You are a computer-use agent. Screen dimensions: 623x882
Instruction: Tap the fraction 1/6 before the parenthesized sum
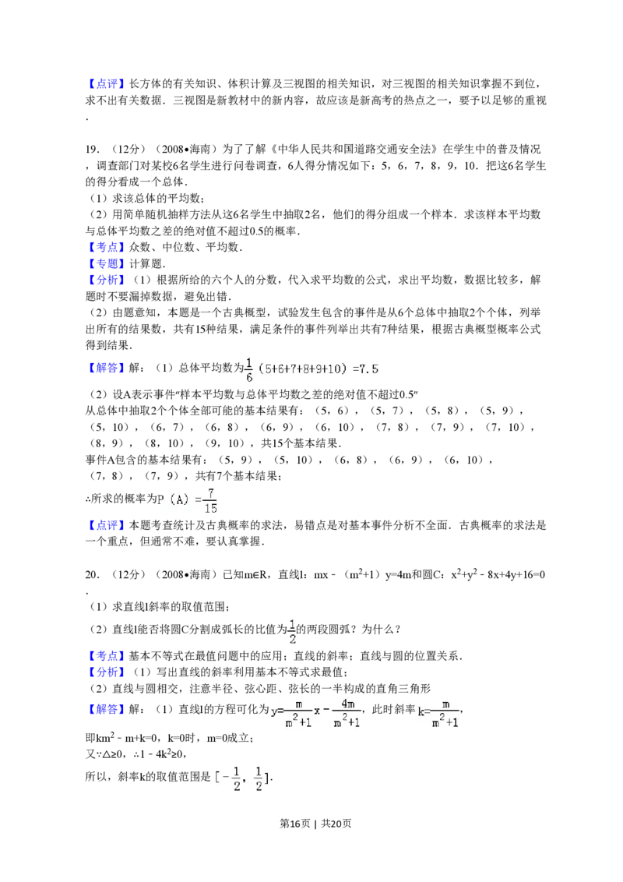coord(249,370)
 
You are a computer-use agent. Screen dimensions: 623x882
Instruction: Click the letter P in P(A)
coord(160,500)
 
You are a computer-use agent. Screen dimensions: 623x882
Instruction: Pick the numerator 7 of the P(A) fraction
coord(211,492)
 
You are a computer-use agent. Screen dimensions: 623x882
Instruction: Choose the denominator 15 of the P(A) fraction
coord(210,509)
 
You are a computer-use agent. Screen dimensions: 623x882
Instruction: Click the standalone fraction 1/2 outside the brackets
coord(293,632)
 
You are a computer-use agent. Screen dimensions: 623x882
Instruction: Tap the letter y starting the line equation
coord(274,711)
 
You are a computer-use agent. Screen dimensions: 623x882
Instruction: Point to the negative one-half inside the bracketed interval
coord(231,778)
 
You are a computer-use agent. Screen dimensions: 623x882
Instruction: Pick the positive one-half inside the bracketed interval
coord(259,778)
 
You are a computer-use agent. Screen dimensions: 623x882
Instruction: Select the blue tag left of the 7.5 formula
coord(106,368)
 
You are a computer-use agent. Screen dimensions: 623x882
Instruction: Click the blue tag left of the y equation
coord(106,709)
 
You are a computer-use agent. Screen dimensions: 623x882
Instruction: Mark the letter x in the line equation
coord(316,711)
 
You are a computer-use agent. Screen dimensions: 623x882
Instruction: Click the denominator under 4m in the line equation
coord(347,722)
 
